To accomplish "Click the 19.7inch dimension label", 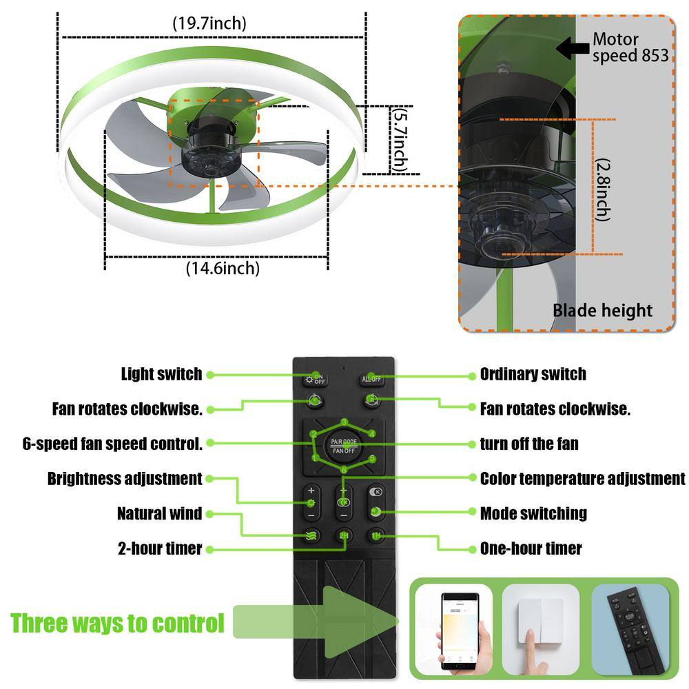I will [x=209, y=23].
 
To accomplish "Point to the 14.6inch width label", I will [x=223, y=268].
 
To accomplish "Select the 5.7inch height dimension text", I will [x=398, y=140].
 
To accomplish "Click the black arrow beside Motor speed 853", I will [x=572, y=48].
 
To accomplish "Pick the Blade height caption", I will [x=602, y=310].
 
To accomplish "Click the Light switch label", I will [x=161, y=374].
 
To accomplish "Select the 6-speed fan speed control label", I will [x=112, y=444].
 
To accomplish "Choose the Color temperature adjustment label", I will [x=582, y=478].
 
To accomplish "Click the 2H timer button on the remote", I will [x=343, y=536].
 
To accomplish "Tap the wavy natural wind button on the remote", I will [x=311, y=536].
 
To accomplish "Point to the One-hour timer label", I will [x=531, y=548].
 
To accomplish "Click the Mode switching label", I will [x=533, y=513].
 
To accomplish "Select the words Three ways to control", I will [x=118, y=624].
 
